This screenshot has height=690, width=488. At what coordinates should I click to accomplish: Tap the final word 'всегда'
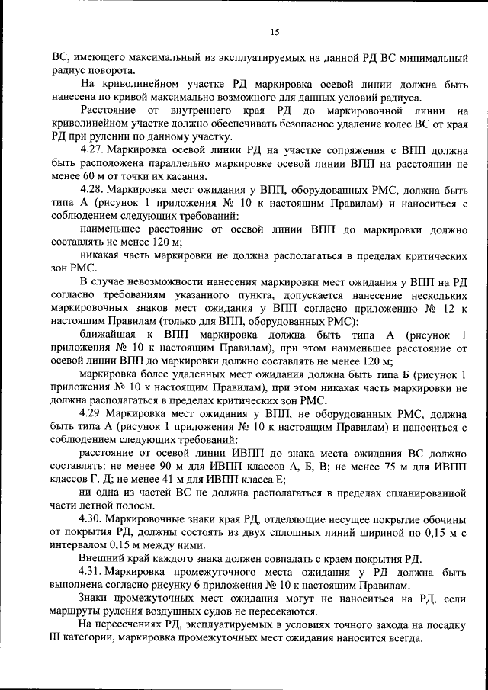coord(392,640)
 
